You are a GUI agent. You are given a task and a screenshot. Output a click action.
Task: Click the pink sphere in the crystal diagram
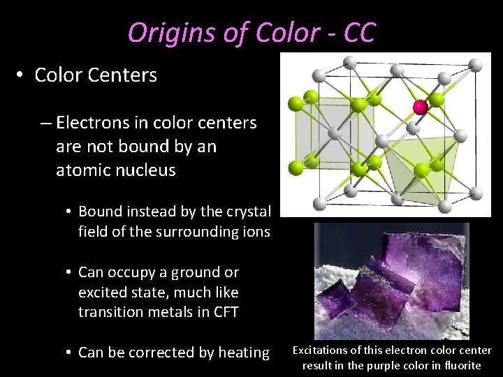pos(420,106)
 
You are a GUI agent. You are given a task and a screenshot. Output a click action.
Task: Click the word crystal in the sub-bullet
pos(247,211)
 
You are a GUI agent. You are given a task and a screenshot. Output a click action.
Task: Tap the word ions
pos(254,232)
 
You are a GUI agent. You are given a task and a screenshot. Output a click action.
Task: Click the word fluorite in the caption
pos(460,365)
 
